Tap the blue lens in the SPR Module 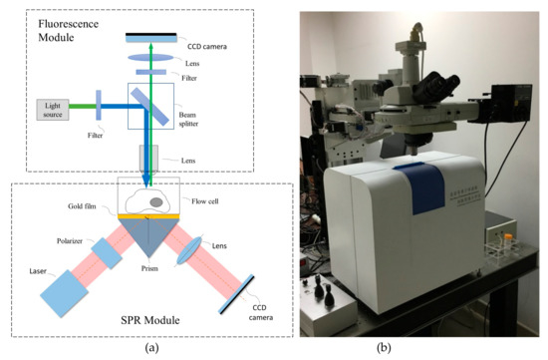[x=203, y=258]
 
